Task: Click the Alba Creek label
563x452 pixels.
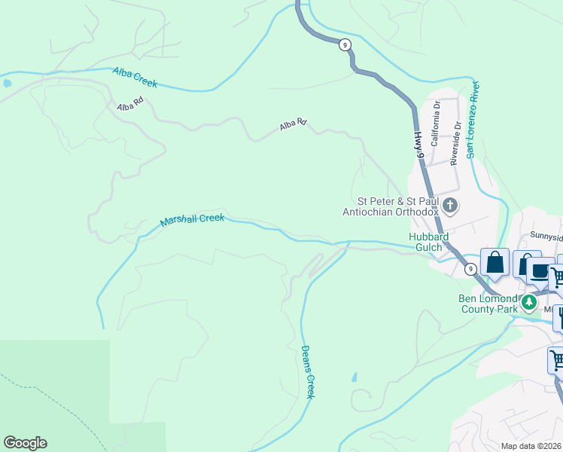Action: (x=135, y=78)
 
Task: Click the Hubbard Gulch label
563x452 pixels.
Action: (x=428, y=242)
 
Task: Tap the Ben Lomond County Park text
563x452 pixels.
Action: (x=488, y=303)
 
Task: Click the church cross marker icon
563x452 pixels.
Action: (x=450, y=206)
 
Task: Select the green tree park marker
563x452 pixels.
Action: (x=529, y=303)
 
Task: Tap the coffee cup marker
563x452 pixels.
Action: (x=540, y=270)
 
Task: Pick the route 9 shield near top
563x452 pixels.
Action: (x=345, y=45)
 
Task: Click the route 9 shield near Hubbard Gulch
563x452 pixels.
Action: (x=470, y=269)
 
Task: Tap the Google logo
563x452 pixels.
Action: (x=25, y=443)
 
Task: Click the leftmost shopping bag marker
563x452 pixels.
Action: (x=495, y=263)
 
